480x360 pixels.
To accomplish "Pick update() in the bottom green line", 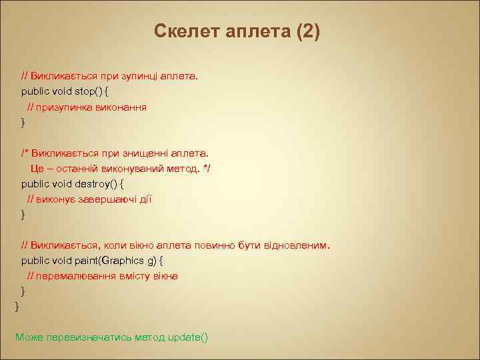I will (x=188, y=337).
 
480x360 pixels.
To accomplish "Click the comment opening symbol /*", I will (x=25, y=153).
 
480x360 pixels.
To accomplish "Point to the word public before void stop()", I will (x=35, y=91).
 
